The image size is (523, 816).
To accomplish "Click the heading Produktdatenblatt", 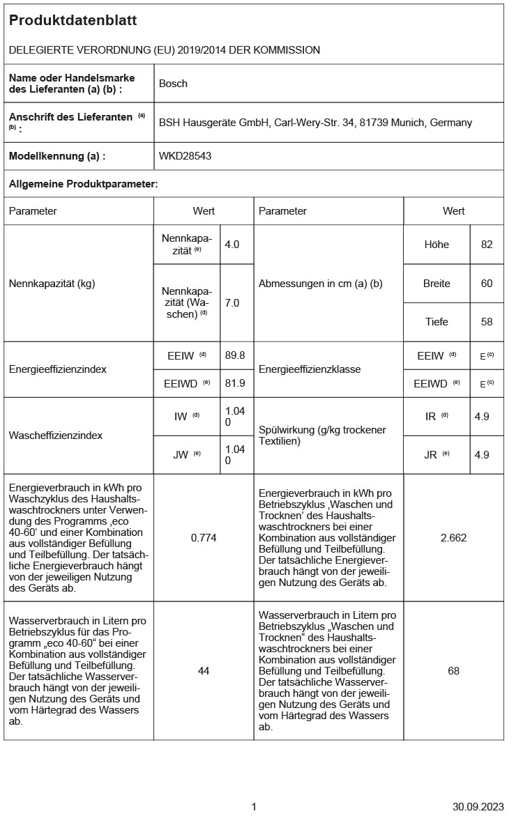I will pos(73,21).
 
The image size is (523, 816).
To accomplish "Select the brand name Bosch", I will pos(173,84).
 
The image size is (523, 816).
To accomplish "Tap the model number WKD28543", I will pos(185,156).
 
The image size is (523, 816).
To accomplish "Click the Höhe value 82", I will pos(487,245).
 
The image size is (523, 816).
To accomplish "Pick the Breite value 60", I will pos(487,284).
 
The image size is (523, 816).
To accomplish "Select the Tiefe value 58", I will pos(487,322).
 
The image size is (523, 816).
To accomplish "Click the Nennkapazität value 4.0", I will pos(232,245).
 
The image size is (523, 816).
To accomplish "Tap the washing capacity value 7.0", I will pos(232,303).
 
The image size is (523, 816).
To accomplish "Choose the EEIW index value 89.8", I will pos(235,355).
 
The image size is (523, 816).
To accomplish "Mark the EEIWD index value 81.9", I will pos(235,383).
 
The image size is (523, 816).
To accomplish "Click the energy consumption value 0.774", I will pos(204,538).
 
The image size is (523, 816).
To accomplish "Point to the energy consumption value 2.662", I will pos(453,538).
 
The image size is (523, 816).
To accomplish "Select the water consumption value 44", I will pos(204,670).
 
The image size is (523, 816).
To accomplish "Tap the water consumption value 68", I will pos(453,670).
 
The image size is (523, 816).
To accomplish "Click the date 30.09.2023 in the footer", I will pos(478,806).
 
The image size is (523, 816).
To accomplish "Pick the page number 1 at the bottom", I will pos(254,806).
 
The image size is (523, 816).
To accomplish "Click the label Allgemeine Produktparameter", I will pos(84,184).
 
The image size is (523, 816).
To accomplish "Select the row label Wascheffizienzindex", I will pos(56,436).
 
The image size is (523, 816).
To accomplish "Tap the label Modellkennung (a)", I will pos(57,156).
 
